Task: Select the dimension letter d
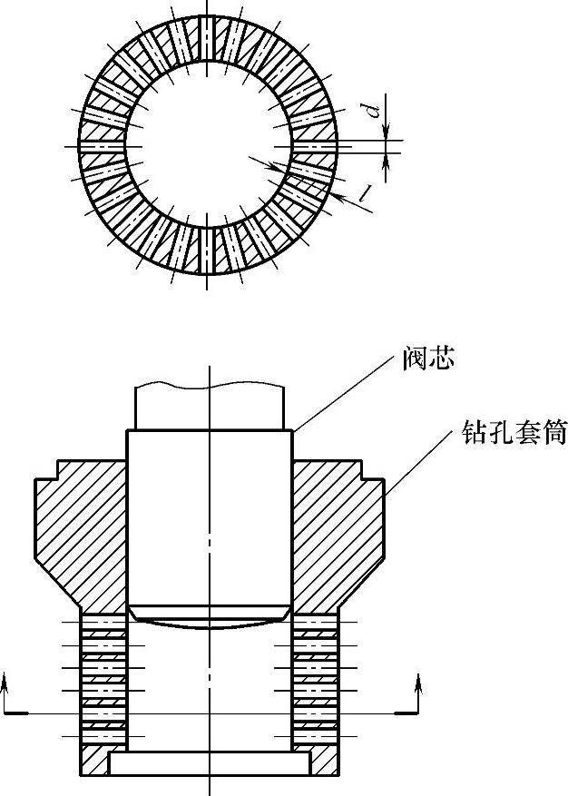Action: (x=371, y=112)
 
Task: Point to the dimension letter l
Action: (x=365, y=192)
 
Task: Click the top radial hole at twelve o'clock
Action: (x=208, y=41)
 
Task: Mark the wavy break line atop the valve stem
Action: (x=210, y=386)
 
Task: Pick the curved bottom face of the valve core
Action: (x=210, y=624)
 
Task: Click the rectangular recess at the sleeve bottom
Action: (x=210, y=764)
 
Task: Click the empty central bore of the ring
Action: (x=208, y=145)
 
